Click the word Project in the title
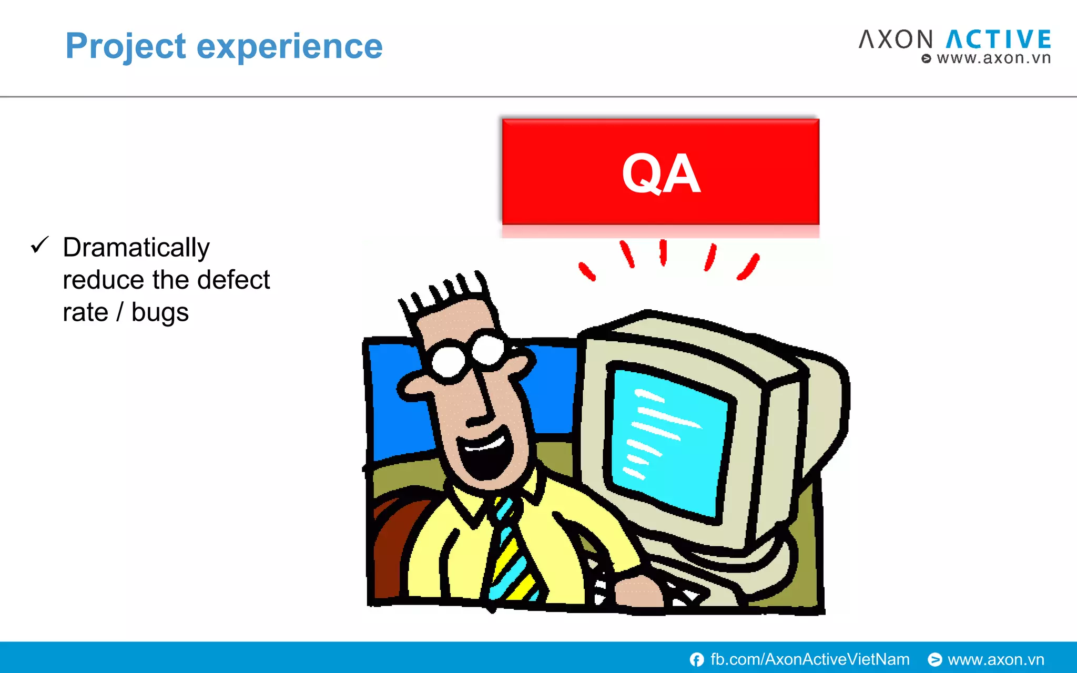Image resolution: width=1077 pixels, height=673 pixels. [125, 46]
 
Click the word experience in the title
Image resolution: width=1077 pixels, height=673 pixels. [289, 46]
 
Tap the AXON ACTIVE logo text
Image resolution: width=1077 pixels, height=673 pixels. [954, 39]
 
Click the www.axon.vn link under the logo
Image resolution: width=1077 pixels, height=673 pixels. [993, 58]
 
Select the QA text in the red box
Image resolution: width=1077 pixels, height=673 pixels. [661, 173]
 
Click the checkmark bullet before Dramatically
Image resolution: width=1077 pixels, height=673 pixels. [39, 245]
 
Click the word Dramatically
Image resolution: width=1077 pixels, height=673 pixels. [136, 247]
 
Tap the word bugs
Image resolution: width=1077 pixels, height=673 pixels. [160, 312]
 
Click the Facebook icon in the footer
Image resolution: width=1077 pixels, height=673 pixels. [697, 659]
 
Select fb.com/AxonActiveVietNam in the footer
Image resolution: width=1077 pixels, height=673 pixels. [809, 659]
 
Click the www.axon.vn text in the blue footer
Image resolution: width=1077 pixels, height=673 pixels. [995, 659]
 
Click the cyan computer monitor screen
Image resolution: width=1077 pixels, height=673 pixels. [668, 442]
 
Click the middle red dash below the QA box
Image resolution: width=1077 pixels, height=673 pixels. [663, 252]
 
